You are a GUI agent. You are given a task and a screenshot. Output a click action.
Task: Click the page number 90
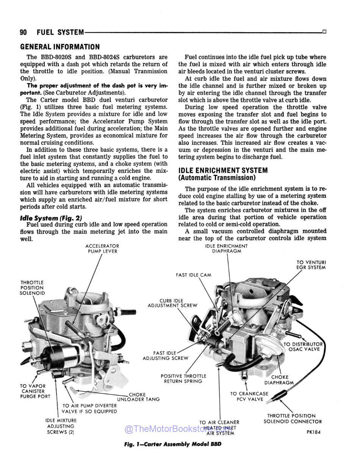pos(23,33)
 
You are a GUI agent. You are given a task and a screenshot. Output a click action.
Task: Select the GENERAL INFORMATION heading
pos(60,47)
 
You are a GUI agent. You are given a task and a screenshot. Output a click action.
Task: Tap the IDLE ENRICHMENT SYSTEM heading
pos(223,171)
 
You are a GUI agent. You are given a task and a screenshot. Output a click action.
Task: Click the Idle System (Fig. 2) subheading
pos(51,218)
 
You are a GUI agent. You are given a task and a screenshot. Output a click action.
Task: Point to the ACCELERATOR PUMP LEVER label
pos(102,249)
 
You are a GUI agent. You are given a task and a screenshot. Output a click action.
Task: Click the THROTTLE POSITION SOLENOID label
pos(32,288)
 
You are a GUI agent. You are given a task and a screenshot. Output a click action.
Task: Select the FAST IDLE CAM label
pos(193,275)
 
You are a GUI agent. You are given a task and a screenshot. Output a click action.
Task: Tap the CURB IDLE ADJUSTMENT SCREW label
pos(172,303)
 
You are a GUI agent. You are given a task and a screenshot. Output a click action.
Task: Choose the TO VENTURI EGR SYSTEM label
pos(311,265)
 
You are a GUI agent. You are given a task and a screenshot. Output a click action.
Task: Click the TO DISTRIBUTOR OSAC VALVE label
pos(304,347)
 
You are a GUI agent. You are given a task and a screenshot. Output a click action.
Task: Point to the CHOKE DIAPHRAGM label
pos(280,380)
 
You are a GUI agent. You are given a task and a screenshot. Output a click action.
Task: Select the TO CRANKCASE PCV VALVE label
pos(249,396)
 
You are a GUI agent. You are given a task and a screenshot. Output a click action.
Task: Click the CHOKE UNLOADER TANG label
pos(138,397)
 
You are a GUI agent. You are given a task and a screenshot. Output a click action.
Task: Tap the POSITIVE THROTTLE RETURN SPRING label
pos(183,378)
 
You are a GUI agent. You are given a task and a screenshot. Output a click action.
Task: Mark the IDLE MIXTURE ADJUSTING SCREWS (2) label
pos(61,426)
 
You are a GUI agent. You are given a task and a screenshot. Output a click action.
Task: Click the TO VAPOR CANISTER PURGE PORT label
pos(35,391)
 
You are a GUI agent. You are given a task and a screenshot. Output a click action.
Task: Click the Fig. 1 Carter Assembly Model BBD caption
pos(172,444)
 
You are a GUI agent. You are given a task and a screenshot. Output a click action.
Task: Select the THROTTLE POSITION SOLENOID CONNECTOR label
pos(293,419)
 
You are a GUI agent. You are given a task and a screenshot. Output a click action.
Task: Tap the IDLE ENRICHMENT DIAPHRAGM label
pos(227,249)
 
